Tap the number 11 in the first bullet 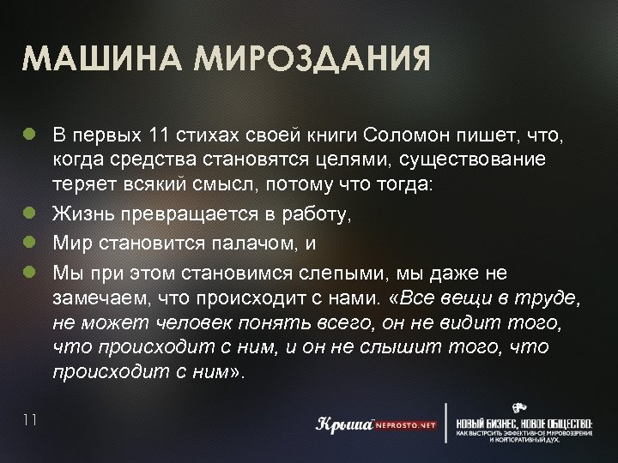[x=161, y=135]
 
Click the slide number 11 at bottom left [x=31, y=418]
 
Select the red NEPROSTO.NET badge [x=404, y=424]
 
